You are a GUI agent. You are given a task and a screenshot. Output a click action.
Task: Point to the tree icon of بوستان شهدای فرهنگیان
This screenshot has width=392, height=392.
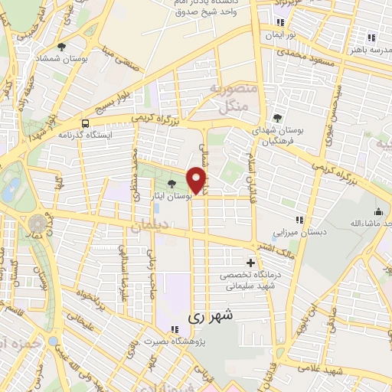coord(276,118)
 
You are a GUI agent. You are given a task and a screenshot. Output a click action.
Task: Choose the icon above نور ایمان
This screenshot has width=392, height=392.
coord(280,23)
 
